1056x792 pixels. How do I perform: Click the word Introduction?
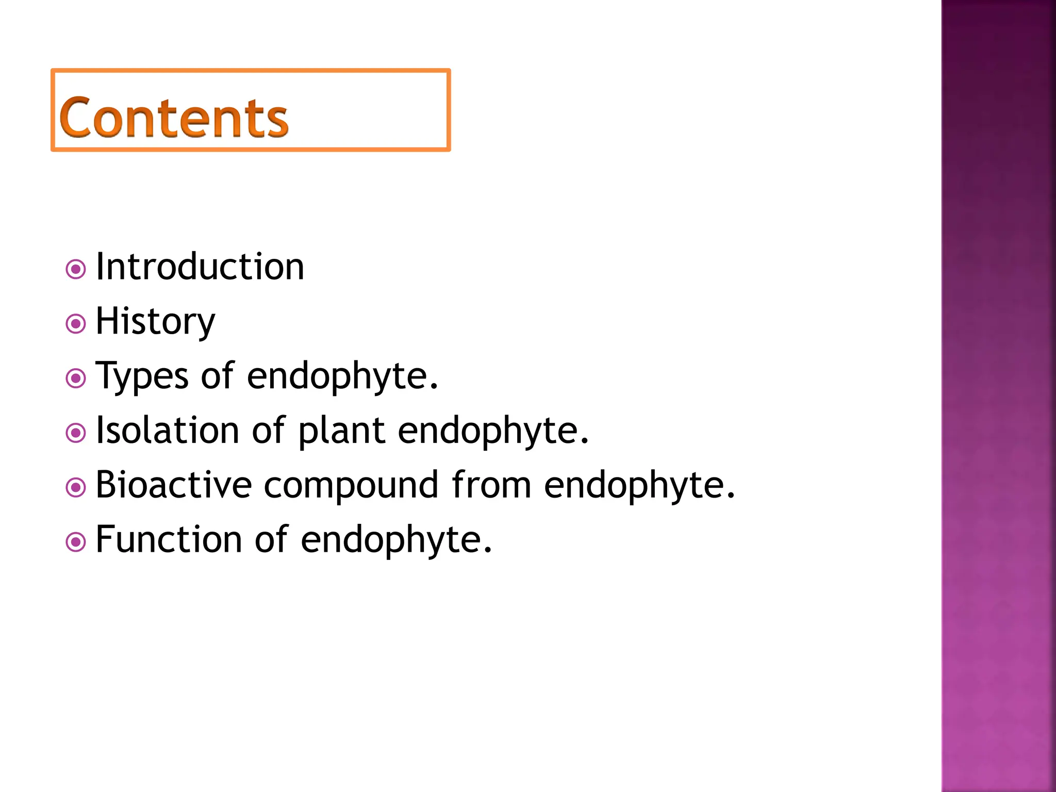pyautogui.click(x=200, y=267)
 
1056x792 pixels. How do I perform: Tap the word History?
pyautogui.click(x=155, y=322)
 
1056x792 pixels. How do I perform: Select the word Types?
pyautogui.click(x=142, y=376)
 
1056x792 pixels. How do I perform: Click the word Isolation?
pyautogui.click(x=168, y=431)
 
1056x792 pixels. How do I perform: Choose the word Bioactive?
pyautogui.click(x=174, y=485)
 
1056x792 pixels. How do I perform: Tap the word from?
pyautogui.click(x=491, y=485)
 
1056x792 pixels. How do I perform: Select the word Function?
pyautogui.click(x=169, y=540)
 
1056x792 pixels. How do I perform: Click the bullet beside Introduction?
pyautogui.click(x=76, y=269)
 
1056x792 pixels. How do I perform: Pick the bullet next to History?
pyautogui.click(x=76, y=324)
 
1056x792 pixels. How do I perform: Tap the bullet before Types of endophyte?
pyautogui.click(x=76, y=378)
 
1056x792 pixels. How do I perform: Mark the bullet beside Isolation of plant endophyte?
pyautogui.click(x=76, y=433)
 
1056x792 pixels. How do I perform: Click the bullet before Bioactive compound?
pyautogui.click(x=76, y=488)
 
